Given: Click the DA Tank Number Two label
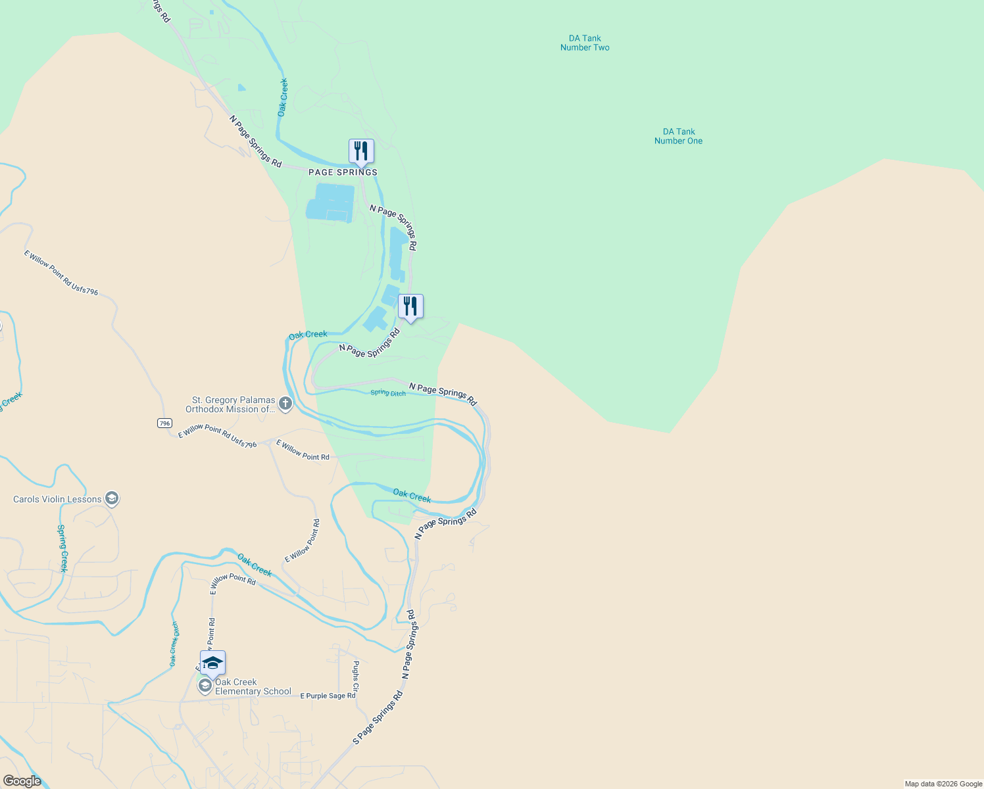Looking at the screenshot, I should [585, 43].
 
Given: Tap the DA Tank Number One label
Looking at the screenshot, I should [678, 136].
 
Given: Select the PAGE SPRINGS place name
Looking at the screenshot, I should [343, 172].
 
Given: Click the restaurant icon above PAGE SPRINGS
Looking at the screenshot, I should [360, 151].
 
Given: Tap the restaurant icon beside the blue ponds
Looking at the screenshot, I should [410, 306].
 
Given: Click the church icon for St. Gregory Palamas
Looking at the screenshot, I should [285, 404].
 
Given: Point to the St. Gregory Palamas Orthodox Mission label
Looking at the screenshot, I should [233, 404].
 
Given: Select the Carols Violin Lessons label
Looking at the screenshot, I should [57, 499].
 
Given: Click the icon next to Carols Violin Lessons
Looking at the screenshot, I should [112, 499].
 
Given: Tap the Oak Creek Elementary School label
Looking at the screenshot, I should [253, 686].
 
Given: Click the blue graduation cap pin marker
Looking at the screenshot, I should [212, 663].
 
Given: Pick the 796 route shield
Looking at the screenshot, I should [165, 423].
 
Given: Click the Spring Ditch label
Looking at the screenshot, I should [388, 393].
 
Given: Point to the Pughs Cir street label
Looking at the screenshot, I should [356, 676].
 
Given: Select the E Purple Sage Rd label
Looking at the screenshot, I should [328, 696].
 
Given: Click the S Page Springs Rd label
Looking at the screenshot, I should [378, 718].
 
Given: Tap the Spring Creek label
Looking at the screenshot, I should [62, 548].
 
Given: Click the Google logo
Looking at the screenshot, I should [22, 781].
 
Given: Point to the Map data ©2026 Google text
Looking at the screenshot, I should [943, 784].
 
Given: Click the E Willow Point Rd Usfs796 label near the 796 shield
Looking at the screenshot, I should [217, 436].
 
